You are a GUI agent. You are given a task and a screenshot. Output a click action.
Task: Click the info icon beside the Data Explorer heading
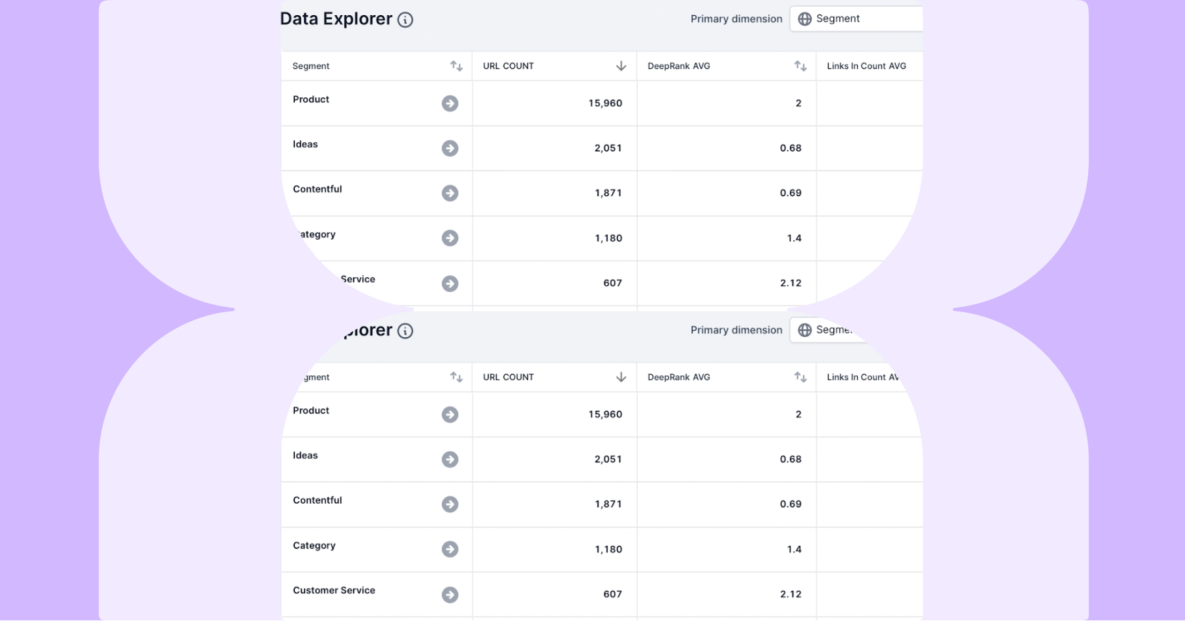pyautogui.click(x=406, y=20)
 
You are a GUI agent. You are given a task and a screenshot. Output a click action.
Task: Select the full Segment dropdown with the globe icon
pyautogui.click(x=856, y=18)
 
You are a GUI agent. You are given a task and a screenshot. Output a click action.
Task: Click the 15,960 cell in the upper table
pyautogui.click(x=605, y=103)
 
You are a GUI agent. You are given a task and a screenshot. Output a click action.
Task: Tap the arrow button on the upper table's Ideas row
pyautogui.click(x=450, y=148)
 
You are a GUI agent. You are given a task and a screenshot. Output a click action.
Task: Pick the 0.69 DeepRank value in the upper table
pyautogui.click(x=790, y=193)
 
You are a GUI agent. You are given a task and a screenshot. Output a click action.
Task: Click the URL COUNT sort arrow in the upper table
pyautogui.click(x=621, y=66)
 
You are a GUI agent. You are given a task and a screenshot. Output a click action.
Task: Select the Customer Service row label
pyautogui.click(x=334, y=590)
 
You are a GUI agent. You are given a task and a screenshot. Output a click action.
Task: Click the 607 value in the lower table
pyautogui.click(x=612, y=594)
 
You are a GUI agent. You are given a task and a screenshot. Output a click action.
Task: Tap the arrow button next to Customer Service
pyautogui.click(x=450, y=595)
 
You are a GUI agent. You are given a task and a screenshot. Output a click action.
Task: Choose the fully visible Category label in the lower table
pyautogui.click(x=314, y=545)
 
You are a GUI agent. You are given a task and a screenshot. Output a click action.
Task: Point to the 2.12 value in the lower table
pyautogui.click(x=790, y=594)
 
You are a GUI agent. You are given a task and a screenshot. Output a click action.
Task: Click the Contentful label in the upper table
pyautogui.click(x=317, y=189)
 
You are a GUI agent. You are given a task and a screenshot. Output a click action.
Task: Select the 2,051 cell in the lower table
pyautogui.click(x=608, y=459)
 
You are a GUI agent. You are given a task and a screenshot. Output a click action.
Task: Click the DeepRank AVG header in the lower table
pyautogui.click(x=679, y=377)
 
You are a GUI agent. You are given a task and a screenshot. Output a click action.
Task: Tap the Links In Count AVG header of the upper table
pyautogui.click(x=866, y=66)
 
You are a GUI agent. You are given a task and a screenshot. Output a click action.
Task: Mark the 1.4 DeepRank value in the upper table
pyautogui.click(x=794, y=238)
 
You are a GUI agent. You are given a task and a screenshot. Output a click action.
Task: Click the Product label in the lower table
pyautogui.click(x=311, y=410)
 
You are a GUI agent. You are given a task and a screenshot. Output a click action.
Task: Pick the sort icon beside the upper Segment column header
pyautogui.click(x=456, y=66)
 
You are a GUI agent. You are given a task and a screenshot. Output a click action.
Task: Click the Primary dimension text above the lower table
pyautogui.click(x=736, y=330)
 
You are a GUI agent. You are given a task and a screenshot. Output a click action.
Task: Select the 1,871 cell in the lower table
pyautogui.click(x=608, y=504)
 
